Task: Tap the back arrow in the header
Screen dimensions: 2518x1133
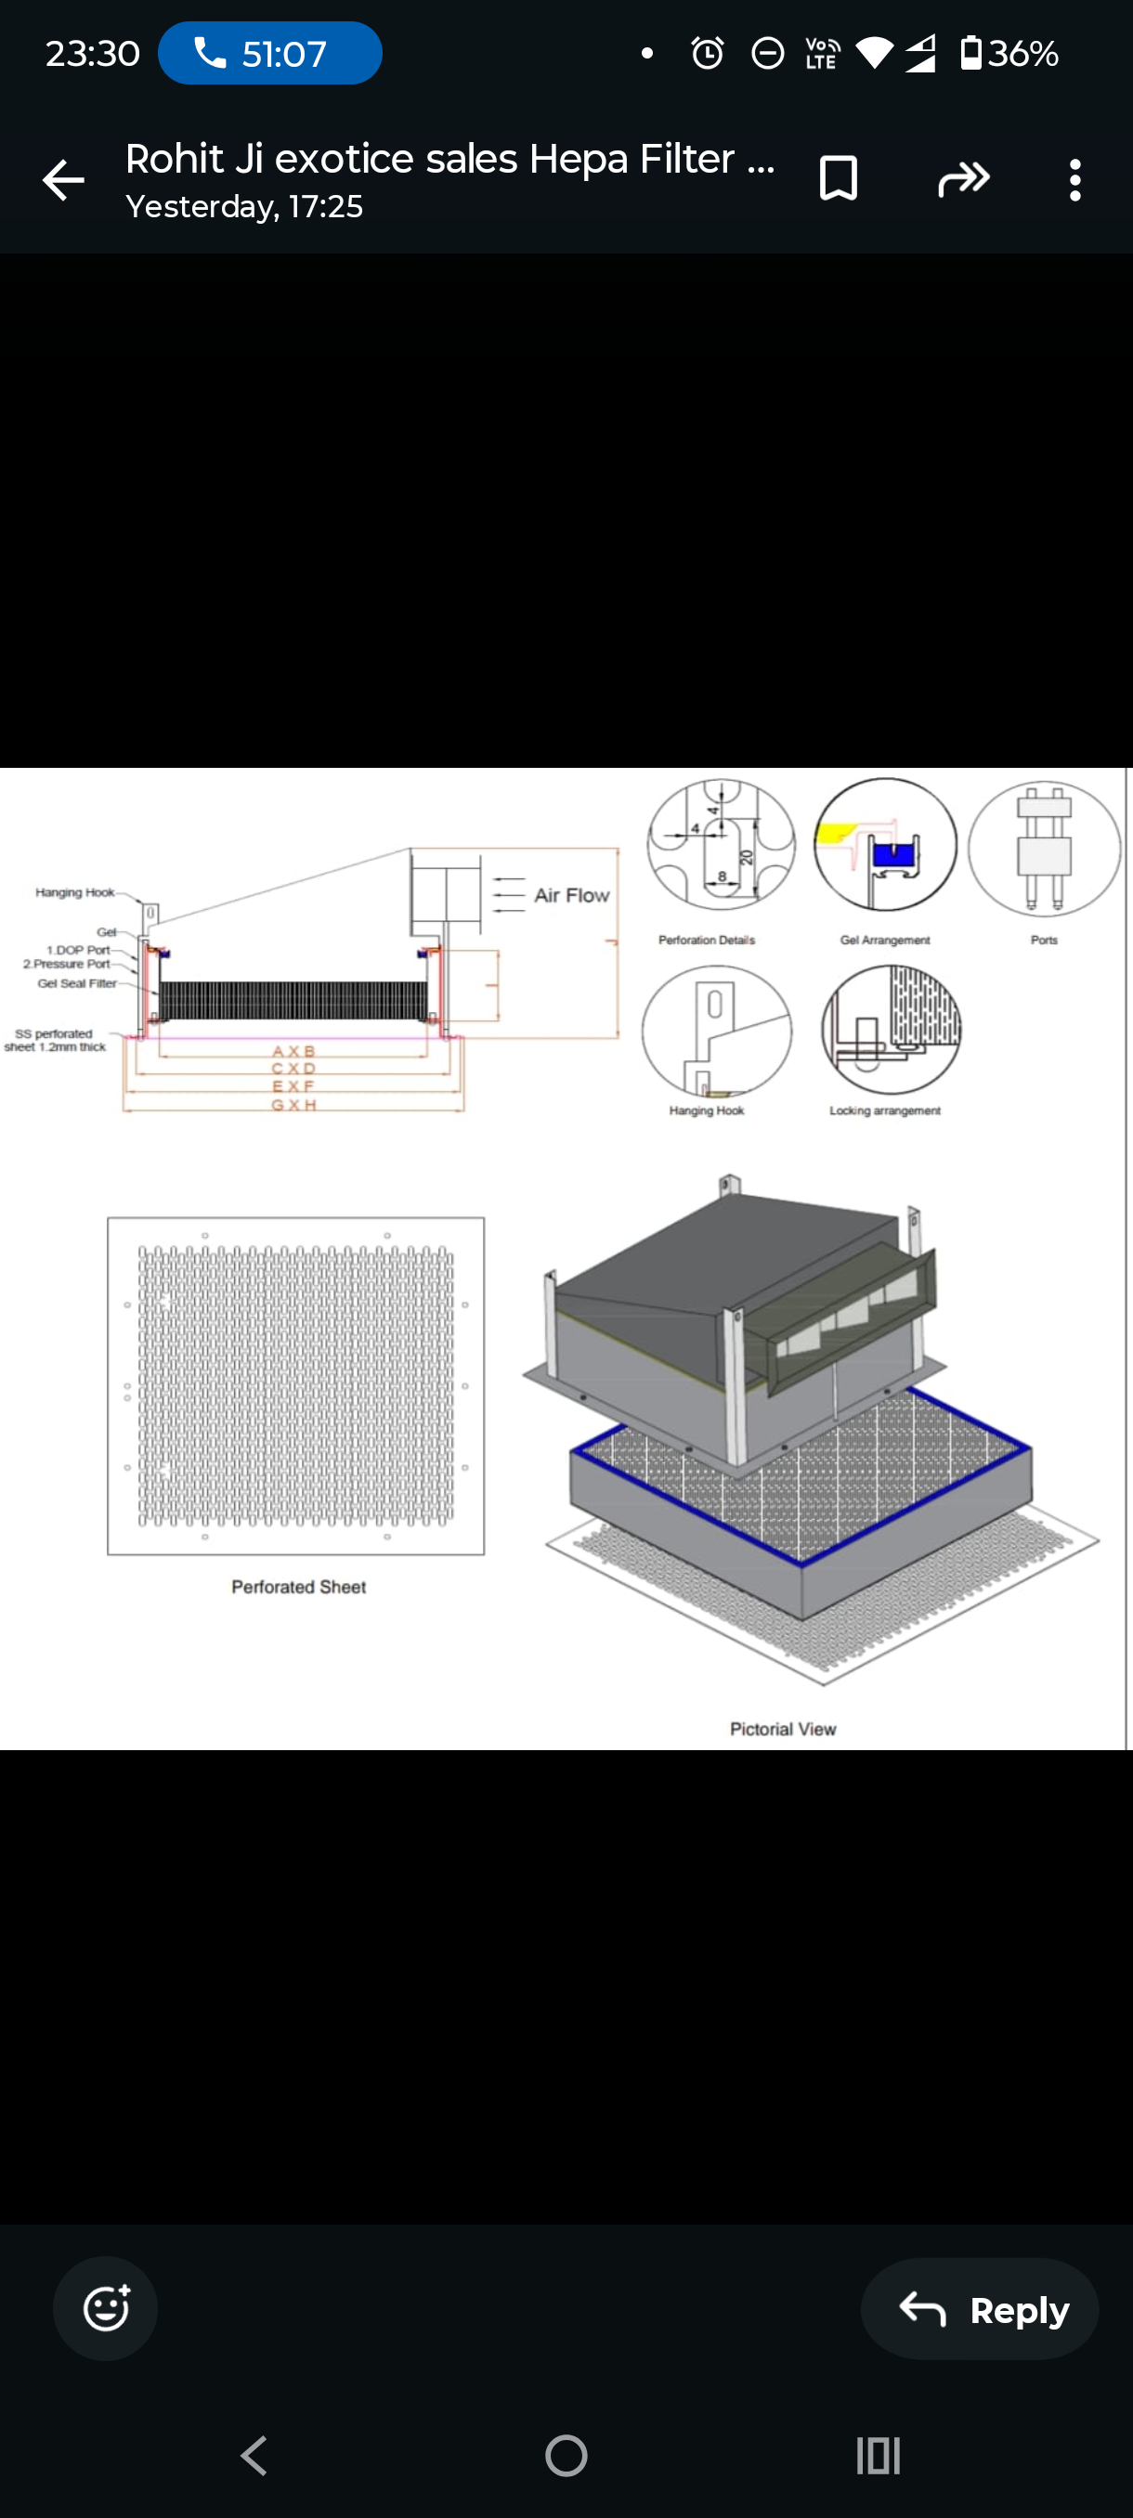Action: tap(63, 181)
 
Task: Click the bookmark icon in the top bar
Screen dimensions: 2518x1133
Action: tap(838, 179)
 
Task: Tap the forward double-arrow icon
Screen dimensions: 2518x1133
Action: tap(964, 179)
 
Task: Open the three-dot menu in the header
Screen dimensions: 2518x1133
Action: tap(1074, 181)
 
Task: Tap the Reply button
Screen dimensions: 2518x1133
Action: tap(980, 2309)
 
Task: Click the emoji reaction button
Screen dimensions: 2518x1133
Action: tap(106, 2308)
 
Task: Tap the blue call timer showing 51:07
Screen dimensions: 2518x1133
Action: tap(270, 54)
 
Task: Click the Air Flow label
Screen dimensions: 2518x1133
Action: tap(571, 895)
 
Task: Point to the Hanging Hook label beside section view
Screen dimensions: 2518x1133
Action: tap(74, 892)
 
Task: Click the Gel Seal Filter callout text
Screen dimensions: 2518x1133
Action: tap(76, 983)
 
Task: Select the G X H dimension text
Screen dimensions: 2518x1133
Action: tap(293, 1105)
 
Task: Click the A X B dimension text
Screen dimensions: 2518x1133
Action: tap(293, 1051)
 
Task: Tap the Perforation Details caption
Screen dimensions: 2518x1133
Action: tap(706, 940)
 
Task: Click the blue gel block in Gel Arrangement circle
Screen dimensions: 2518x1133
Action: tap(892, 854)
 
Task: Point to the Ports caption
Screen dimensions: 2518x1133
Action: tap(1043, 940)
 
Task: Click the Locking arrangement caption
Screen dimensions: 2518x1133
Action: tap(885, 1110)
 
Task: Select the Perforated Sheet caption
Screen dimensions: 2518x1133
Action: tap(298, 1587)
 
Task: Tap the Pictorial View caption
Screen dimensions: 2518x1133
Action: tap(782, 1728)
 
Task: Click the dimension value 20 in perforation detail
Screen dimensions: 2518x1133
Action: tap(747, 857)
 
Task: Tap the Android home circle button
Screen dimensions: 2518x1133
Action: tap(566, 2455)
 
